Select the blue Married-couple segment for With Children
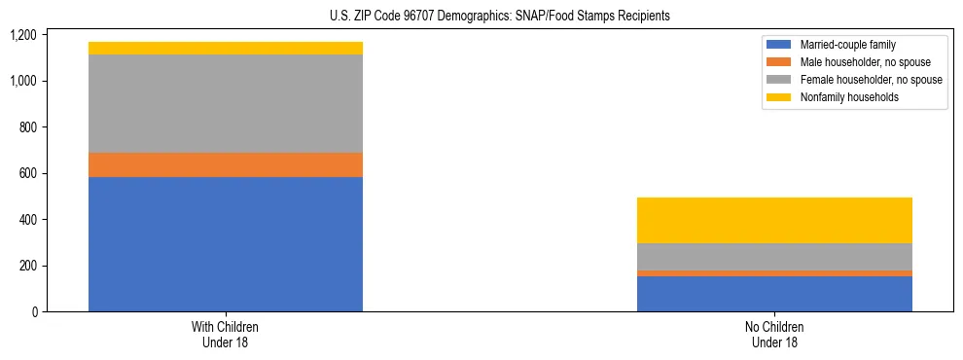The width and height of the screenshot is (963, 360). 226,244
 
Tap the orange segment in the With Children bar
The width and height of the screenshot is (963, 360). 226,164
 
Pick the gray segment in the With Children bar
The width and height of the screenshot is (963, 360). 226,103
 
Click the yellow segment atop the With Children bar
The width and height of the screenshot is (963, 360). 226,48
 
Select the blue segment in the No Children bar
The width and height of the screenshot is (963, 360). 774,294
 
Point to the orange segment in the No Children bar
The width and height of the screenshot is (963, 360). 774,273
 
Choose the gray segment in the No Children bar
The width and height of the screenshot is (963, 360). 774,257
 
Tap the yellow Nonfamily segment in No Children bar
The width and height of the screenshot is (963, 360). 774,220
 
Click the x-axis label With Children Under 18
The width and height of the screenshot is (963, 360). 226,335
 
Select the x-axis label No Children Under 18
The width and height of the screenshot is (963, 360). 774,335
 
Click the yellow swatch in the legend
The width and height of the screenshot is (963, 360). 779,97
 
